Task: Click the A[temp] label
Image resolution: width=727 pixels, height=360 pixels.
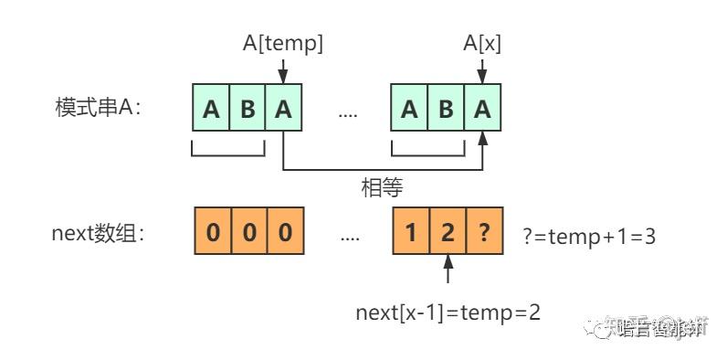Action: point(283,41)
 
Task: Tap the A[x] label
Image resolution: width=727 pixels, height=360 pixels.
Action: point(482,41)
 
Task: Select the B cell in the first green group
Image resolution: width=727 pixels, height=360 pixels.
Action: point(248,110)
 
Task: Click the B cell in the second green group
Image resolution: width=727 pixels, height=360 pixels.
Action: point(446,110)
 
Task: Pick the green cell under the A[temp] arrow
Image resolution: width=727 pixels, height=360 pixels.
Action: point(284,110)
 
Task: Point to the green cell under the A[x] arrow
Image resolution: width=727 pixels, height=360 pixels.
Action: point(482,110)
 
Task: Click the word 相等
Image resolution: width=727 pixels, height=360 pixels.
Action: point(383,187)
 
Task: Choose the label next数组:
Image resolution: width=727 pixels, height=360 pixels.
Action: point(100,233)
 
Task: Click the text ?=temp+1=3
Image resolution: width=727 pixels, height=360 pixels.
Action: point(590,236)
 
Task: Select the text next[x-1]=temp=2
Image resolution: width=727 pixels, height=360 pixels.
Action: point(448,312)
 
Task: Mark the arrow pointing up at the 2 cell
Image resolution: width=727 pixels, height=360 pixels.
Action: point(447,272)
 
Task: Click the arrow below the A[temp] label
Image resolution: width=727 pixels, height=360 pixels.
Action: point(284,69)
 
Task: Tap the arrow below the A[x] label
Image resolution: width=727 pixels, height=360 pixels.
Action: point(482,69)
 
